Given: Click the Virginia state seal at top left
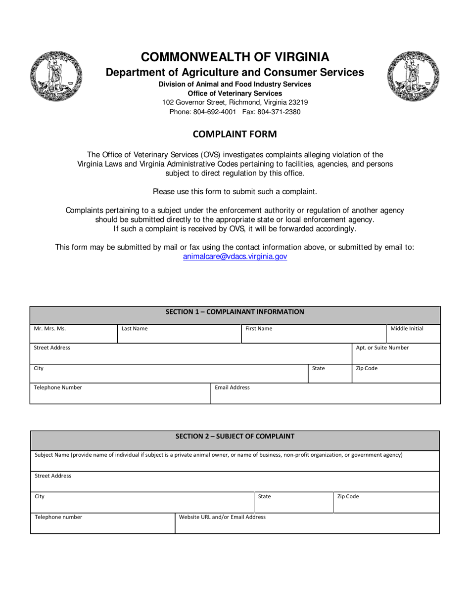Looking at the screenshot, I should tap(56, 76).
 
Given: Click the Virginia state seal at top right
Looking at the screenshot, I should tap(414, 76).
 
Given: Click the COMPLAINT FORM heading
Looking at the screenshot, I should tap(235, 134).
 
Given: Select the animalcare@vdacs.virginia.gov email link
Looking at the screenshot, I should tap(235, 257).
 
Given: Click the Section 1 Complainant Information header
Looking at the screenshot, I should tap(235, 312).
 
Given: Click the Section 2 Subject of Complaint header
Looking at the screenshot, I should tap(235, 436).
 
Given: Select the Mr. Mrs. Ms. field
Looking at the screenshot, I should tap(73, 334).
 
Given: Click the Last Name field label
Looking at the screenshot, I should tap(135, 329).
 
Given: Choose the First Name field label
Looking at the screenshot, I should tap(259, 329).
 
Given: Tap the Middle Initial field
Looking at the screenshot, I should tap(413, 334).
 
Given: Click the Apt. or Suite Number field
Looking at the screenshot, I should tap(395, 353).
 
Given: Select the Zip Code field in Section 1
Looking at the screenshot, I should tap(395, 373).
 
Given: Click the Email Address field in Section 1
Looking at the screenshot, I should tap(325, 393).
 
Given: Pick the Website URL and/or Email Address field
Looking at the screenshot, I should tap(307, 523).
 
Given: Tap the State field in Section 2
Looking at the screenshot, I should tap(293, 502).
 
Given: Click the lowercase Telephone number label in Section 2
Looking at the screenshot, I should tap(58, 518).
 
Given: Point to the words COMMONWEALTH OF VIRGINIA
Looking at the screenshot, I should tap(235, 57).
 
